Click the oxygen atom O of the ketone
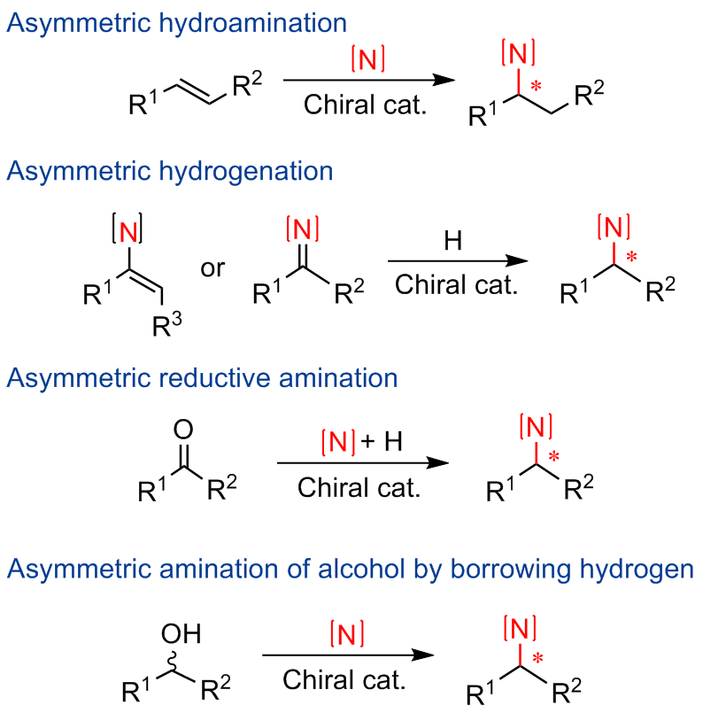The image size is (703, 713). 182,431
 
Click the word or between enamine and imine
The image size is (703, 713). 213,267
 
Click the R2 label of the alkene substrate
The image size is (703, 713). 246,84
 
